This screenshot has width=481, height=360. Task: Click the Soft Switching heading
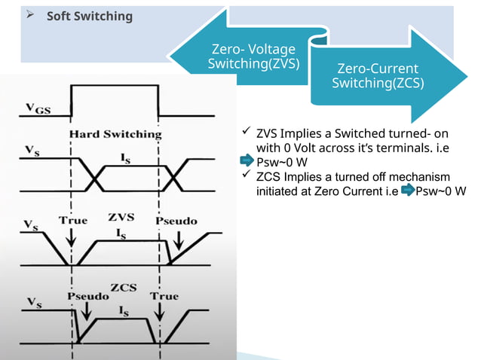pos(90,16)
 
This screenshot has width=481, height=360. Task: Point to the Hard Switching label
pos(115,134)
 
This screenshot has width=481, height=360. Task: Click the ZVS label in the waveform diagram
pos(120,217)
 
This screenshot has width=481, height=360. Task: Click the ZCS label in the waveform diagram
pos(123,288)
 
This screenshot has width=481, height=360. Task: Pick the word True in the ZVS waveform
pos(73,221)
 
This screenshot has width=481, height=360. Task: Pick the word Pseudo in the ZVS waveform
pos(176,221)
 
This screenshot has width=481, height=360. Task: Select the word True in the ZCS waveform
pos(164,296)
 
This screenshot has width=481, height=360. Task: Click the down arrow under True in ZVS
pos(71,239)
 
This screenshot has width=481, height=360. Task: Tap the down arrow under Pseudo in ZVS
pos(178,239)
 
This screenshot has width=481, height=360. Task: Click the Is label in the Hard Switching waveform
pos(126,156)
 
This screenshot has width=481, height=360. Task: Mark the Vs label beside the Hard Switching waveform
pos(32,151)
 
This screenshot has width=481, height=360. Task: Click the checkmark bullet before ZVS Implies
pos(246,133)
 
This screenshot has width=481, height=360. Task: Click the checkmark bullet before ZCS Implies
pos(246,175)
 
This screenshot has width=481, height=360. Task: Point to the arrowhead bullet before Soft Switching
pos(32,15)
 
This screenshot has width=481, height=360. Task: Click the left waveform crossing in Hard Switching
pos(95,176)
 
